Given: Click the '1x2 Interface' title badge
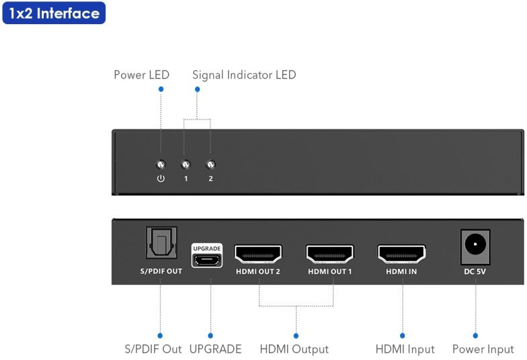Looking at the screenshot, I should click(54, 13).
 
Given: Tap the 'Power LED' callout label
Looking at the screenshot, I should click(141, 75).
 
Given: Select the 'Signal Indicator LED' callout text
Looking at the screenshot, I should click(244, 75).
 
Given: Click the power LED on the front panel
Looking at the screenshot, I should click(160, 165).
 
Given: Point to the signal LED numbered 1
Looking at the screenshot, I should click(186, 165).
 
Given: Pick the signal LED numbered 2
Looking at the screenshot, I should click(210, 165).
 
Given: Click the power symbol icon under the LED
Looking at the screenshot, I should click(160, 179).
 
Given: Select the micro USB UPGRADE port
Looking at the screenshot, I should click(206, 259).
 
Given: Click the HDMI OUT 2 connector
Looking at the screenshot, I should click(258, 254).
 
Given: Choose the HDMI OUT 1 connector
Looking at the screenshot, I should click(329, 254).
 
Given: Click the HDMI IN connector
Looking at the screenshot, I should click(401, 254).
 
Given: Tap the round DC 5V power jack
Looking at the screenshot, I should click(475, 245).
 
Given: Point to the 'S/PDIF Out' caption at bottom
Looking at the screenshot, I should click(153, 349).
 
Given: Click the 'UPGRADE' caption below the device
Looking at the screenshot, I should click(215, 349).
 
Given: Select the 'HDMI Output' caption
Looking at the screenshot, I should click(294, 349).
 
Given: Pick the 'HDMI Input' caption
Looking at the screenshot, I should click(405, 349).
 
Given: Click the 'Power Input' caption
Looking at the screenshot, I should click(483, 349).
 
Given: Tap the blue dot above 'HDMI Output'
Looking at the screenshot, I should click(296, 335).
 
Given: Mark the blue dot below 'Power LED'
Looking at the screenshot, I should click(161, 89).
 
